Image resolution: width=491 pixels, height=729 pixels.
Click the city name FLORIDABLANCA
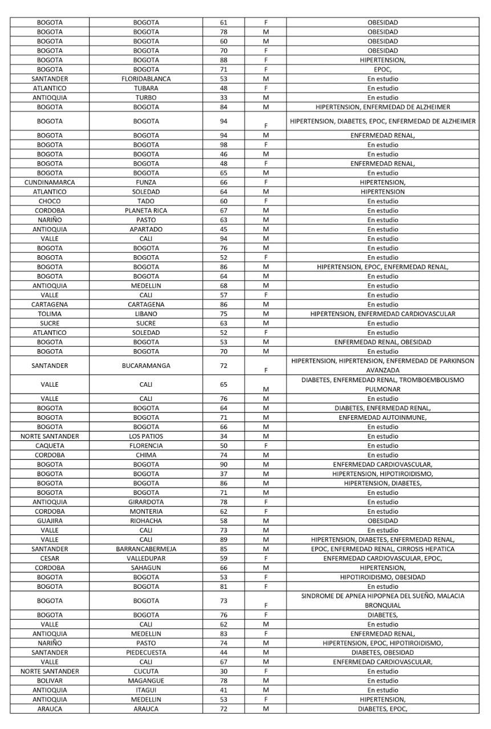pos(146,79)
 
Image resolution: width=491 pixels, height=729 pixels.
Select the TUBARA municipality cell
pos(146,88)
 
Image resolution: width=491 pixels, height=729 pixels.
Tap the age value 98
pos(224,145)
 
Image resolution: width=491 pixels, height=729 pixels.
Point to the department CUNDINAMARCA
pos(50,182)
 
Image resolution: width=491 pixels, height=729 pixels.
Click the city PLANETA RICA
pos(146,211)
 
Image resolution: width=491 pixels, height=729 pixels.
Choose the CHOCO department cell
pos(50,201)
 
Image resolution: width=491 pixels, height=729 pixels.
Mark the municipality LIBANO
pos(146,314)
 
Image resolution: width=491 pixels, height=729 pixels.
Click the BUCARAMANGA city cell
pos(146,365)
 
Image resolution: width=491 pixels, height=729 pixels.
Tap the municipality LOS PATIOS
pos(146,436)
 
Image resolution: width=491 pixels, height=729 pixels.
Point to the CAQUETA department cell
pos(50,445)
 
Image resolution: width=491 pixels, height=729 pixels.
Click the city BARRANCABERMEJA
pos(146,549)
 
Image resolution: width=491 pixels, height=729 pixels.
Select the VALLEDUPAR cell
pos(146,558)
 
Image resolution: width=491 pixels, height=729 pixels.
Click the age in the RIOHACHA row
pos(224,521)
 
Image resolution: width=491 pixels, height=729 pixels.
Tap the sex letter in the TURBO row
pos(266,97)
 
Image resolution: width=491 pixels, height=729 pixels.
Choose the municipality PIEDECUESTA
pos(146,652)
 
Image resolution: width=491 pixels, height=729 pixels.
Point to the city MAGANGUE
pos(146,681)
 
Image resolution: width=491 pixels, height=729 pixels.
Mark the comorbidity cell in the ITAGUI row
pos(383,690)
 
